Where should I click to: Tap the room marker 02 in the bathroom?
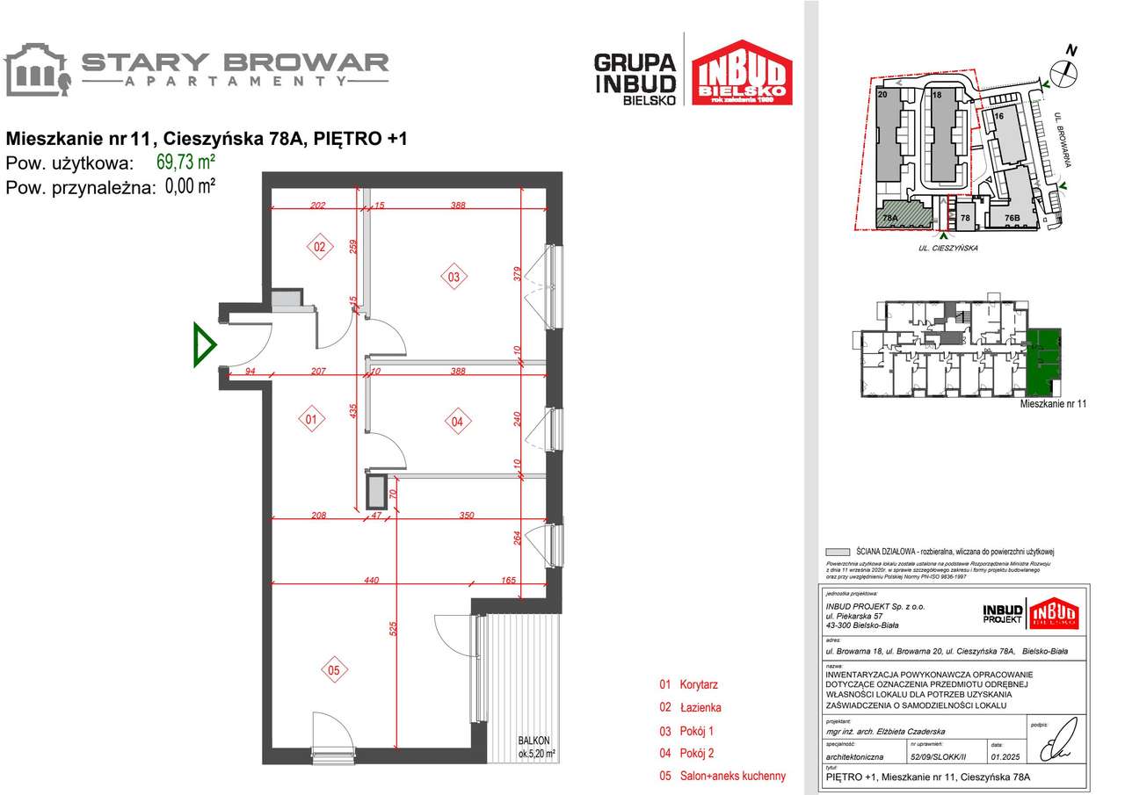coord(319,248)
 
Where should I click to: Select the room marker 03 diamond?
coord(454,278)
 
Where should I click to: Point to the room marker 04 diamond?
coord(456,422)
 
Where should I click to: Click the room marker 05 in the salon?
coord(333,671)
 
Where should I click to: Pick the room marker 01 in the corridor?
coord(310,421)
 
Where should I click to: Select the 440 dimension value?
coord(371,580)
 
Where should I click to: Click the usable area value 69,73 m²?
coord(185,162)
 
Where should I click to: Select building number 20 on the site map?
coord(882,93)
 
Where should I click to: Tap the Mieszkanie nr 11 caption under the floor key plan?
coord(1053,404)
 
